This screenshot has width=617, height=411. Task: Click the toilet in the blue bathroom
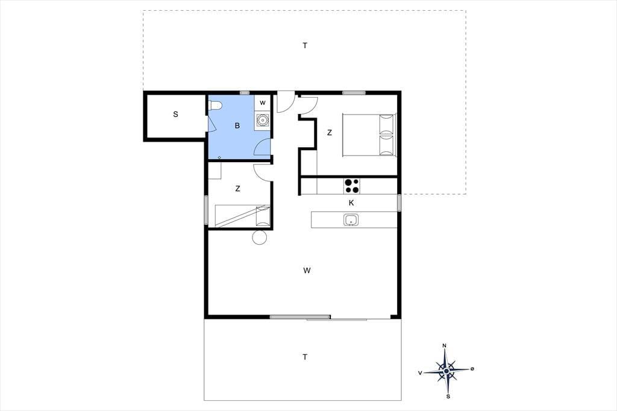click(x=215, y=105)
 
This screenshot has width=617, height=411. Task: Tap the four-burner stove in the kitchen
click(x=352, y=186)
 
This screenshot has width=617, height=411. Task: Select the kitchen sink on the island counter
click(x=351, y=220)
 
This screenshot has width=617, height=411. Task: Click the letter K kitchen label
click(x=351, y=202)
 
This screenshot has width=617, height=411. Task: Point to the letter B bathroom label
click(x=237, y=125)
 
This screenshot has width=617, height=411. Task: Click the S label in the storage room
click(x=175, y=114)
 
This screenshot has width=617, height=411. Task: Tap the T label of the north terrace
click(x=305, y=46)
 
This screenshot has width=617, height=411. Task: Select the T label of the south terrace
click(x=305, y=357)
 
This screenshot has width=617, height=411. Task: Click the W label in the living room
click(x=307, y=271)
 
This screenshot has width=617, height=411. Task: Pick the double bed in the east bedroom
click(x=369, y=135)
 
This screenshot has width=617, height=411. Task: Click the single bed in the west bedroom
click(x=242, y=216)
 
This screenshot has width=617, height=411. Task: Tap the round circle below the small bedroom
click(x=260, y=237)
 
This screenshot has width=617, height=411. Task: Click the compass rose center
click(x=446, y=371)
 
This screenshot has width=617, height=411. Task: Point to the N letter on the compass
click(x=445, y=346)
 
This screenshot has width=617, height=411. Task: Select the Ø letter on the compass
click(x=472, y=369)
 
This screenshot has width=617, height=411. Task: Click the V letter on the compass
click(x=420, y=373)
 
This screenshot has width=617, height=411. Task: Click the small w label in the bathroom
click(x=263, y=102)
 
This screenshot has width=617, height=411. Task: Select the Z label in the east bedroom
click(x=330, y=133)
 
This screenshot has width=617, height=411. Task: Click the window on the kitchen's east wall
click(x=399, y=202)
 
